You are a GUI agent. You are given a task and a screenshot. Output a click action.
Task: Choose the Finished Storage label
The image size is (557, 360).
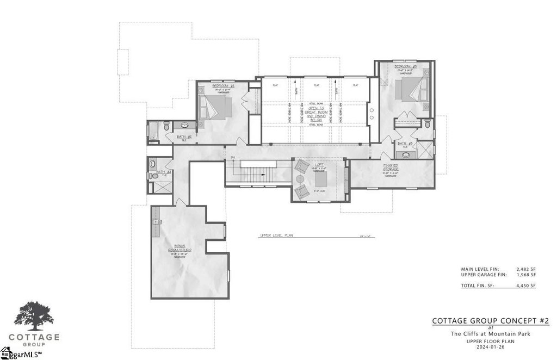point(390,167)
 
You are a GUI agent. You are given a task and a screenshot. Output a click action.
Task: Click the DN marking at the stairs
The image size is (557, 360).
point(232,157)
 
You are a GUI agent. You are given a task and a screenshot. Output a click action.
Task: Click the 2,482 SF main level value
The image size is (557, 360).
point(525,269)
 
